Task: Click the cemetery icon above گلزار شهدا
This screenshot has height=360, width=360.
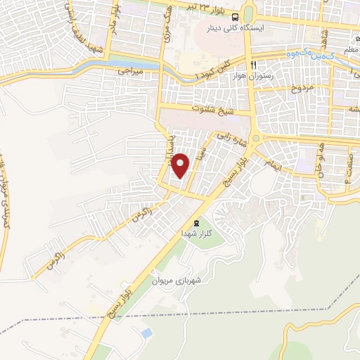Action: click(186, 222)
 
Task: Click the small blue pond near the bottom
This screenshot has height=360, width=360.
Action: click(146, 331)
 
